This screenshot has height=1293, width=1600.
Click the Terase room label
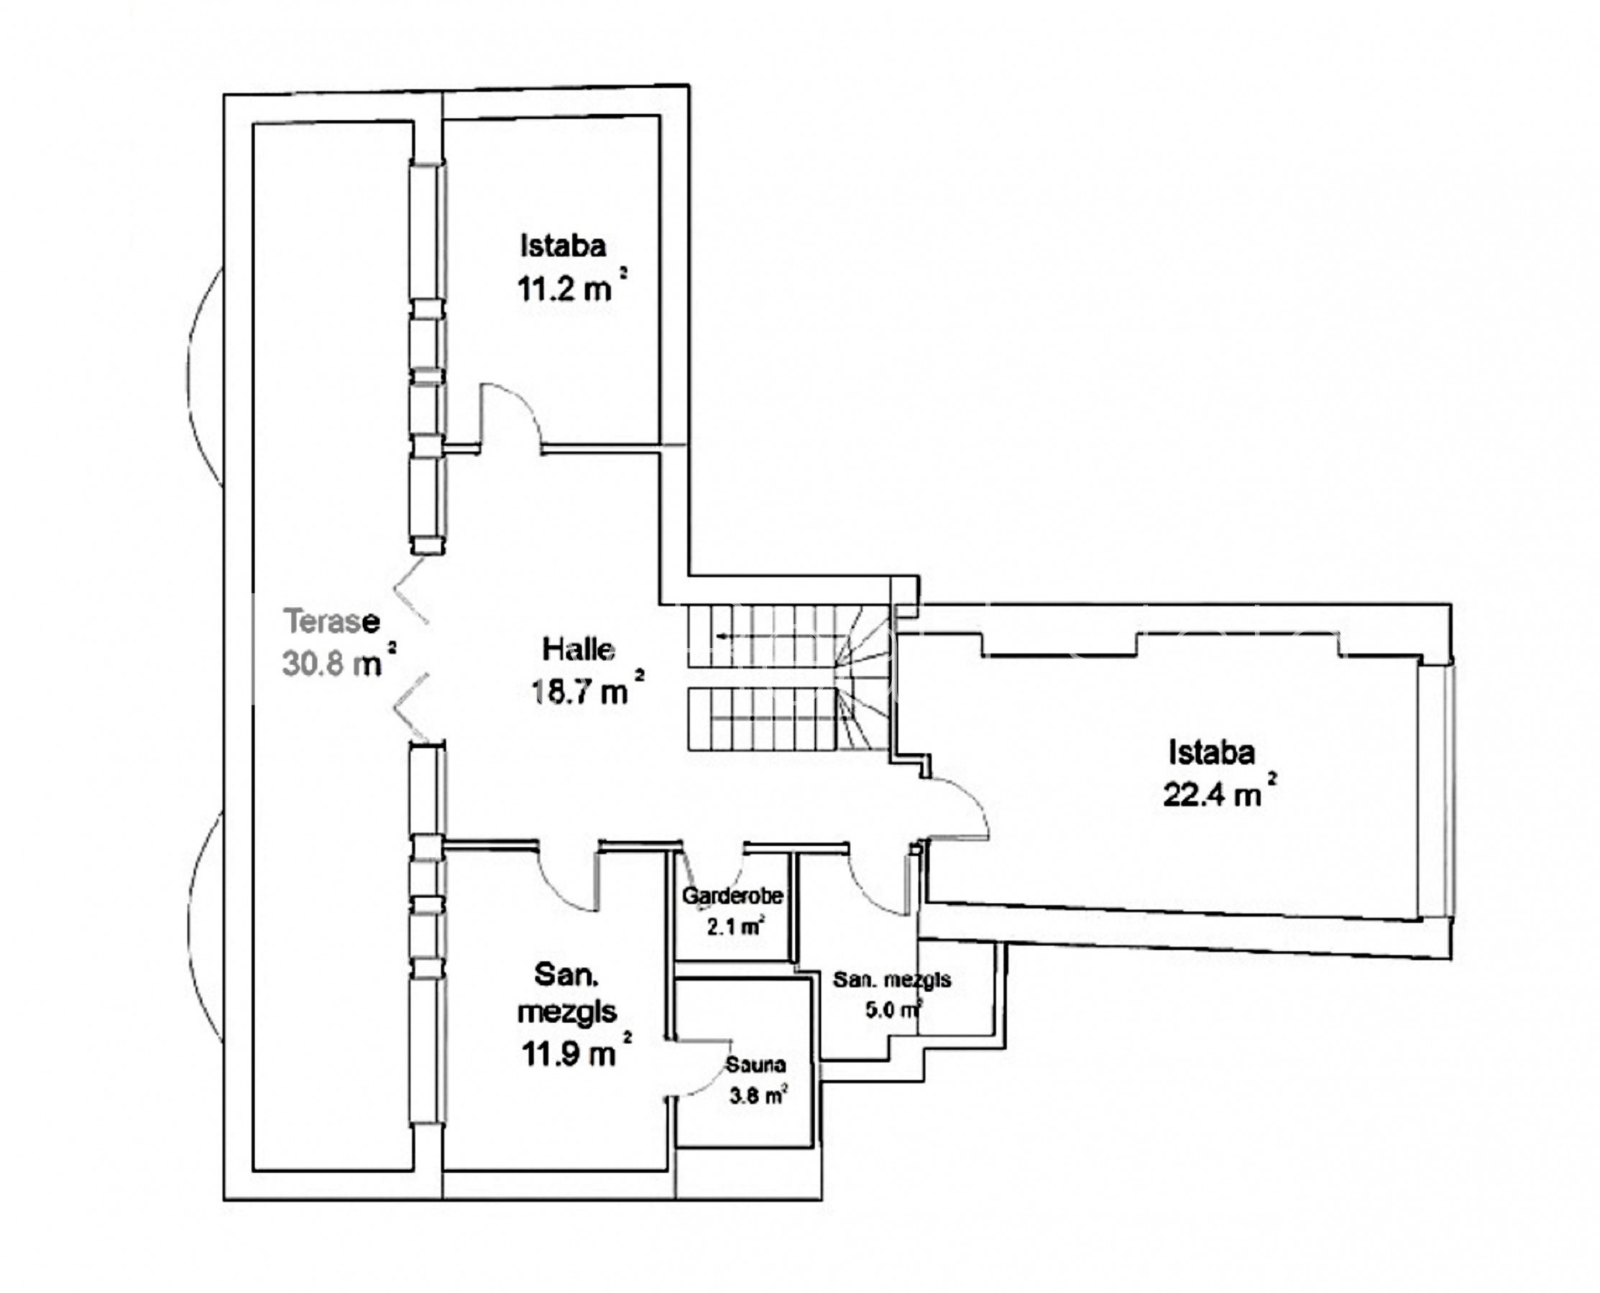click(x=331, y=621)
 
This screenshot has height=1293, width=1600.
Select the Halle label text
click(x=579, y=649)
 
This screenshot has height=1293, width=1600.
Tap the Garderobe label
click(x=732, y=896)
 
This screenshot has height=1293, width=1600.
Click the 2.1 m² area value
click(x=735, y=927)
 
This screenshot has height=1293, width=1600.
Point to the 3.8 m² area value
click(x=758, y=1095)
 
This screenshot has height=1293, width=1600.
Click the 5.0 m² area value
click(x=893, y=1010)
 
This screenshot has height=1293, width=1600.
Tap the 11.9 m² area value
click(x=576, y=1052)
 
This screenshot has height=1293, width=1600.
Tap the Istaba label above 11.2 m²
click(x=563, y=246)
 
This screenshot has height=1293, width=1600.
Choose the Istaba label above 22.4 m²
click(x=1212, y=752)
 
